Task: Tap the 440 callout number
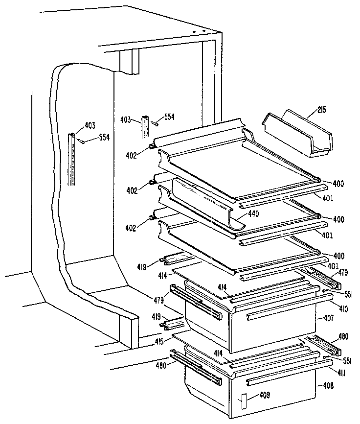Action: [253, 213]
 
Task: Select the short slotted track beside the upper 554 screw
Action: [145, 127]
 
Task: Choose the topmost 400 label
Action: [338, 184]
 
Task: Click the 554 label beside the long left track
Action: [103, 138]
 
